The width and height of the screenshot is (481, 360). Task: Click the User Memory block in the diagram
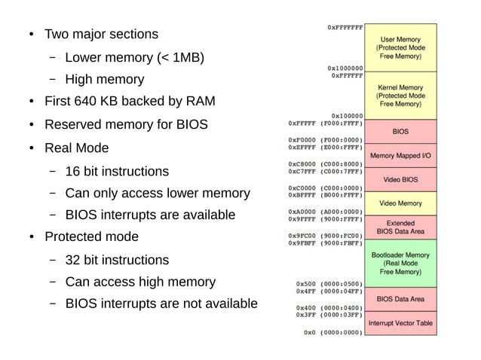400,47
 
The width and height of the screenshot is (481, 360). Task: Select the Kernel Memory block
400,96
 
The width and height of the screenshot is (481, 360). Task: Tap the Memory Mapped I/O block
400,155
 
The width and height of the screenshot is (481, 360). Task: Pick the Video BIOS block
400,179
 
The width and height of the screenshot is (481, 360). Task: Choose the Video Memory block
400,203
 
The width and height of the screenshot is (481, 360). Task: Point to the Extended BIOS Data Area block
400,227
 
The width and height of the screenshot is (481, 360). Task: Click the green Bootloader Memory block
400,263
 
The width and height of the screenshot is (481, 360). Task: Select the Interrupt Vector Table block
400,323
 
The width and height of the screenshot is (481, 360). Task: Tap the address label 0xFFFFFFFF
345,27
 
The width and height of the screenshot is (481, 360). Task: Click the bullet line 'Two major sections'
101,34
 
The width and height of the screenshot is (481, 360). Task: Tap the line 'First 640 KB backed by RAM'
130,102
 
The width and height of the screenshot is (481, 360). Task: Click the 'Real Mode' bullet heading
76,148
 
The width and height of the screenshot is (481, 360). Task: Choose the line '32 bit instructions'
117,260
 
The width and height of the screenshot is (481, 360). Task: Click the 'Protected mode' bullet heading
91,236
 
